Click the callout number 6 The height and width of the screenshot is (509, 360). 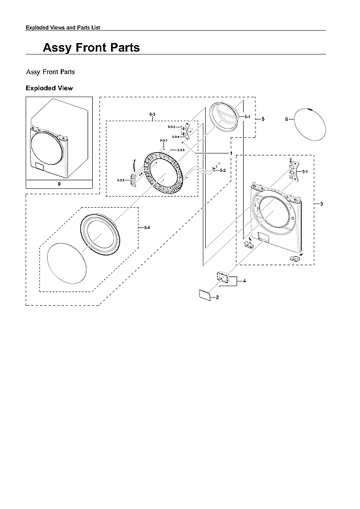(x=287, y=119)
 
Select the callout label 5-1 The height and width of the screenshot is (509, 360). (x=247, y=116)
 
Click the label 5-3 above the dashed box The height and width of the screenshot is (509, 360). (x=152, y=114)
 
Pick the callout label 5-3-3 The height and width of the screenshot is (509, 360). (x=121, y=180)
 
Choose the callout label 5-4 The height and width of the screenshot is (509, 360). (x=146, y=227)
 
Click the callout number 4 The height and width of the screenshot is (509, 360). (x=244, y=280)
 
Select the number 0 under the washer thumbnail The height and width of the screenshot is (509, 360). (x=59, y=185)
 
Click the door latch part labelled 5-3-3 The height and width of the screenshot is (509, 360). (x=135, y=179)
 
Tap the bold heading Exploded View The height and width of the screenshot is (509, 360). (x=49, y=88)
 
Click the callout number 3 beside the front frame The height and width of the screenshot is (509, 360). (x=321, y=205)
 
